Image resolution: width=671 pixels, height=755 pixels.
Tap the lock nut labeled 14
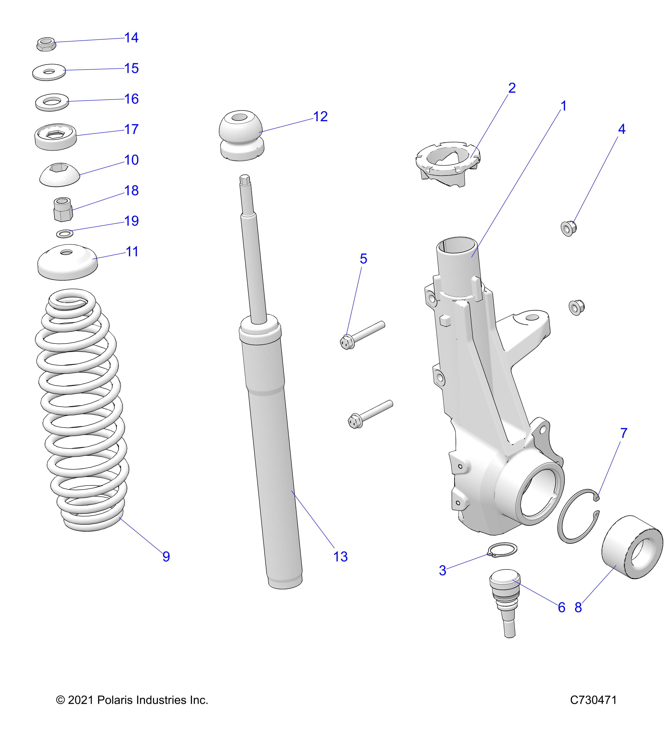click(46, 44)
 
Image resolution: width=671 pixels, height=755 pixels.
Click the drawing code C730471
click(593, 700)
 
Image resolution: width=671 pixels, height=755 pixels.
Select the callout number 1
click(564, 106)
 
